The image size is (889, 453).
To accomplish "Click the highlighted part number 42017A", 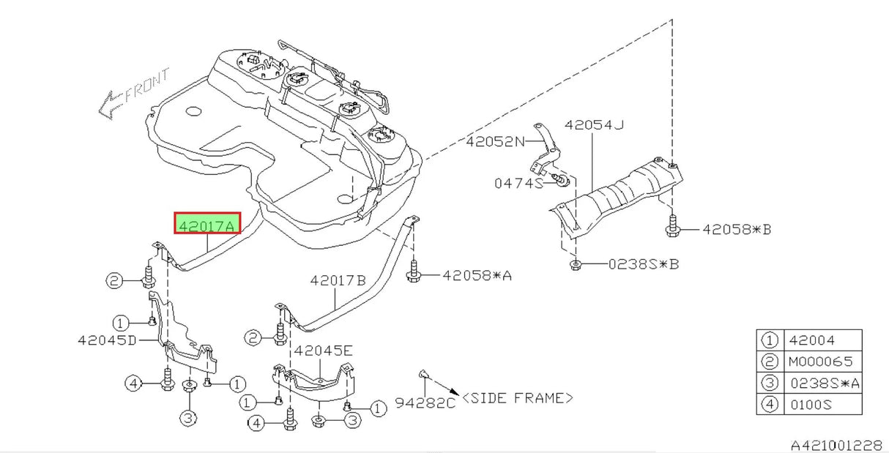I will (x=207, y=224).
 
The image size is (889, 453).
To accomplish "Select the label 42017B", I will (x=338, y=280).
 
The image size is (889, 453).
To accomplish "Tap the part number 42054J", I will (x=594, y=125).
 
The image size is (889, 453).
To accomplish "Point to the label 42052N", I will (x=496, y=142).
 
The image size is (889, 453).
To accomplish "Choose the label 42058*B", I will (x=737, y=230).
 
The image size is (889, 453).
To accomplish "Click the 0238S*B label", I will (x=643, y=263).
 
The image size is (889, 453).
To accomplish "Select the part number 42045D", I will (x=107, y=340).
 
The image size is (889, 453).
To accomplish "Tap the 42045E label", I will (x=324, y=351).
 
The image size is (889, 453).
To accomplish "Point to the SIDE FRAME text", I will (x=518, y=398).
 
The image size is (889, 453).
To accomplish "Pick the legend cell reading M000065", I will (x=821, y=362).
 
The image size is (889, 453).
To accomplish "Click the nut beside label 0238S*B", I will (x=576, y=263).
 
